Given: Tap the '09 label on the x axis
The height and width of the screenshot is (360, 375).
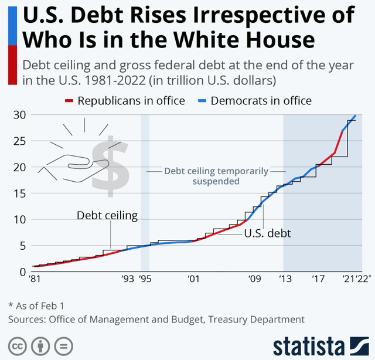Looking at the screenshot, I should coord(254,280).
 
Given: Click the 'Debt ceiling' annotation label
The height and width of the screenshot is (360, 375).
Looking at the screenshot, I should coord(107,216).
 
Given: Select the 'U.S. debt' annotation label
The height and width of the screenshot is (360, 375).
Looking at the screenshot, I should coord(268,233).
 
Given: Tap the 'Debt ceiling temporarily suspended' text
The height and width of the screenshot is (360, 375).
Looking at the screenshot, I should coord(216,176).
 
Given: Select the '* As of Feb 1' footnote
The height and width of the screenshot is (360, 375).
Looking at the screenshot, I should coord(37,305).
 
